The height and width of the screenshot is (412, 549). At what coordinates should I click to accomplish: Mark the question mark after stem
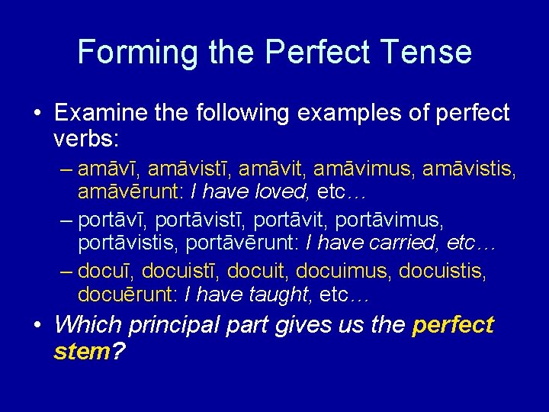[x=118, y=352]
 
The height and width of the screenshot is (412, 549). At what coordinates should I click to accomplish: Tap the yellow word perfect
[x=452, y=326]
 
